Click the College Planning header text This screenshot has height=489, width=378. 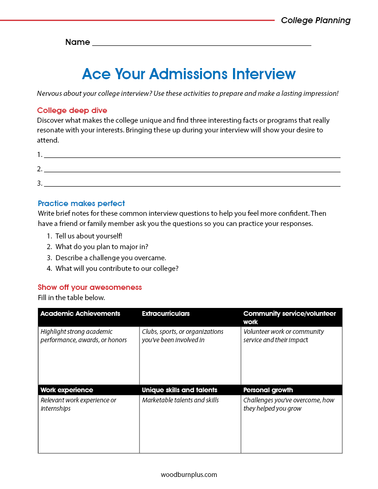315,20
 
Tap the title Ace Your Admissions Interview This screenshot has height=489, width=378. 189,74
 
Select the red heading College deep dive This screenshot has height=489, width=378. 72,111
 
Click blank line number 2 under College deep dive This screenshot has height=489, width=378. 192,170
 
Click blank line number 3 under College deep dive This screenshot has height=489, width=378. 192,184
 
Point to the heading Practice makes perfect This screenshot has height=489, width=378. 82,204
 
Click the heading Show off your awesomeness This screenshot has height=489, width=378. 90,288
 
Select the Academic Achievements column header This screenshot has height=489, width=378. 80,314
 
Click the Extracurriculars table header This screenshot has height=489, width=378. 166,314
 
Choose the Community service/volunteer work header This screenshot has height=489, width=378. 290,318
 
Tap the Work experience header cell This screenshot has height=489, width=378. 67,390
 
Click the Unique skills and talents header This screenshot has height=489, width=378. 179,390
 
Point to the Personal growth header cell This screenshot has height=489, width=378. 268,390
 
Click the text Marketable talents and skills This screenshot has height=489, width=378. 180,400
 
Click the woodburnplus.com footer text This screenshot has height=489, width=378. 189,475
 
